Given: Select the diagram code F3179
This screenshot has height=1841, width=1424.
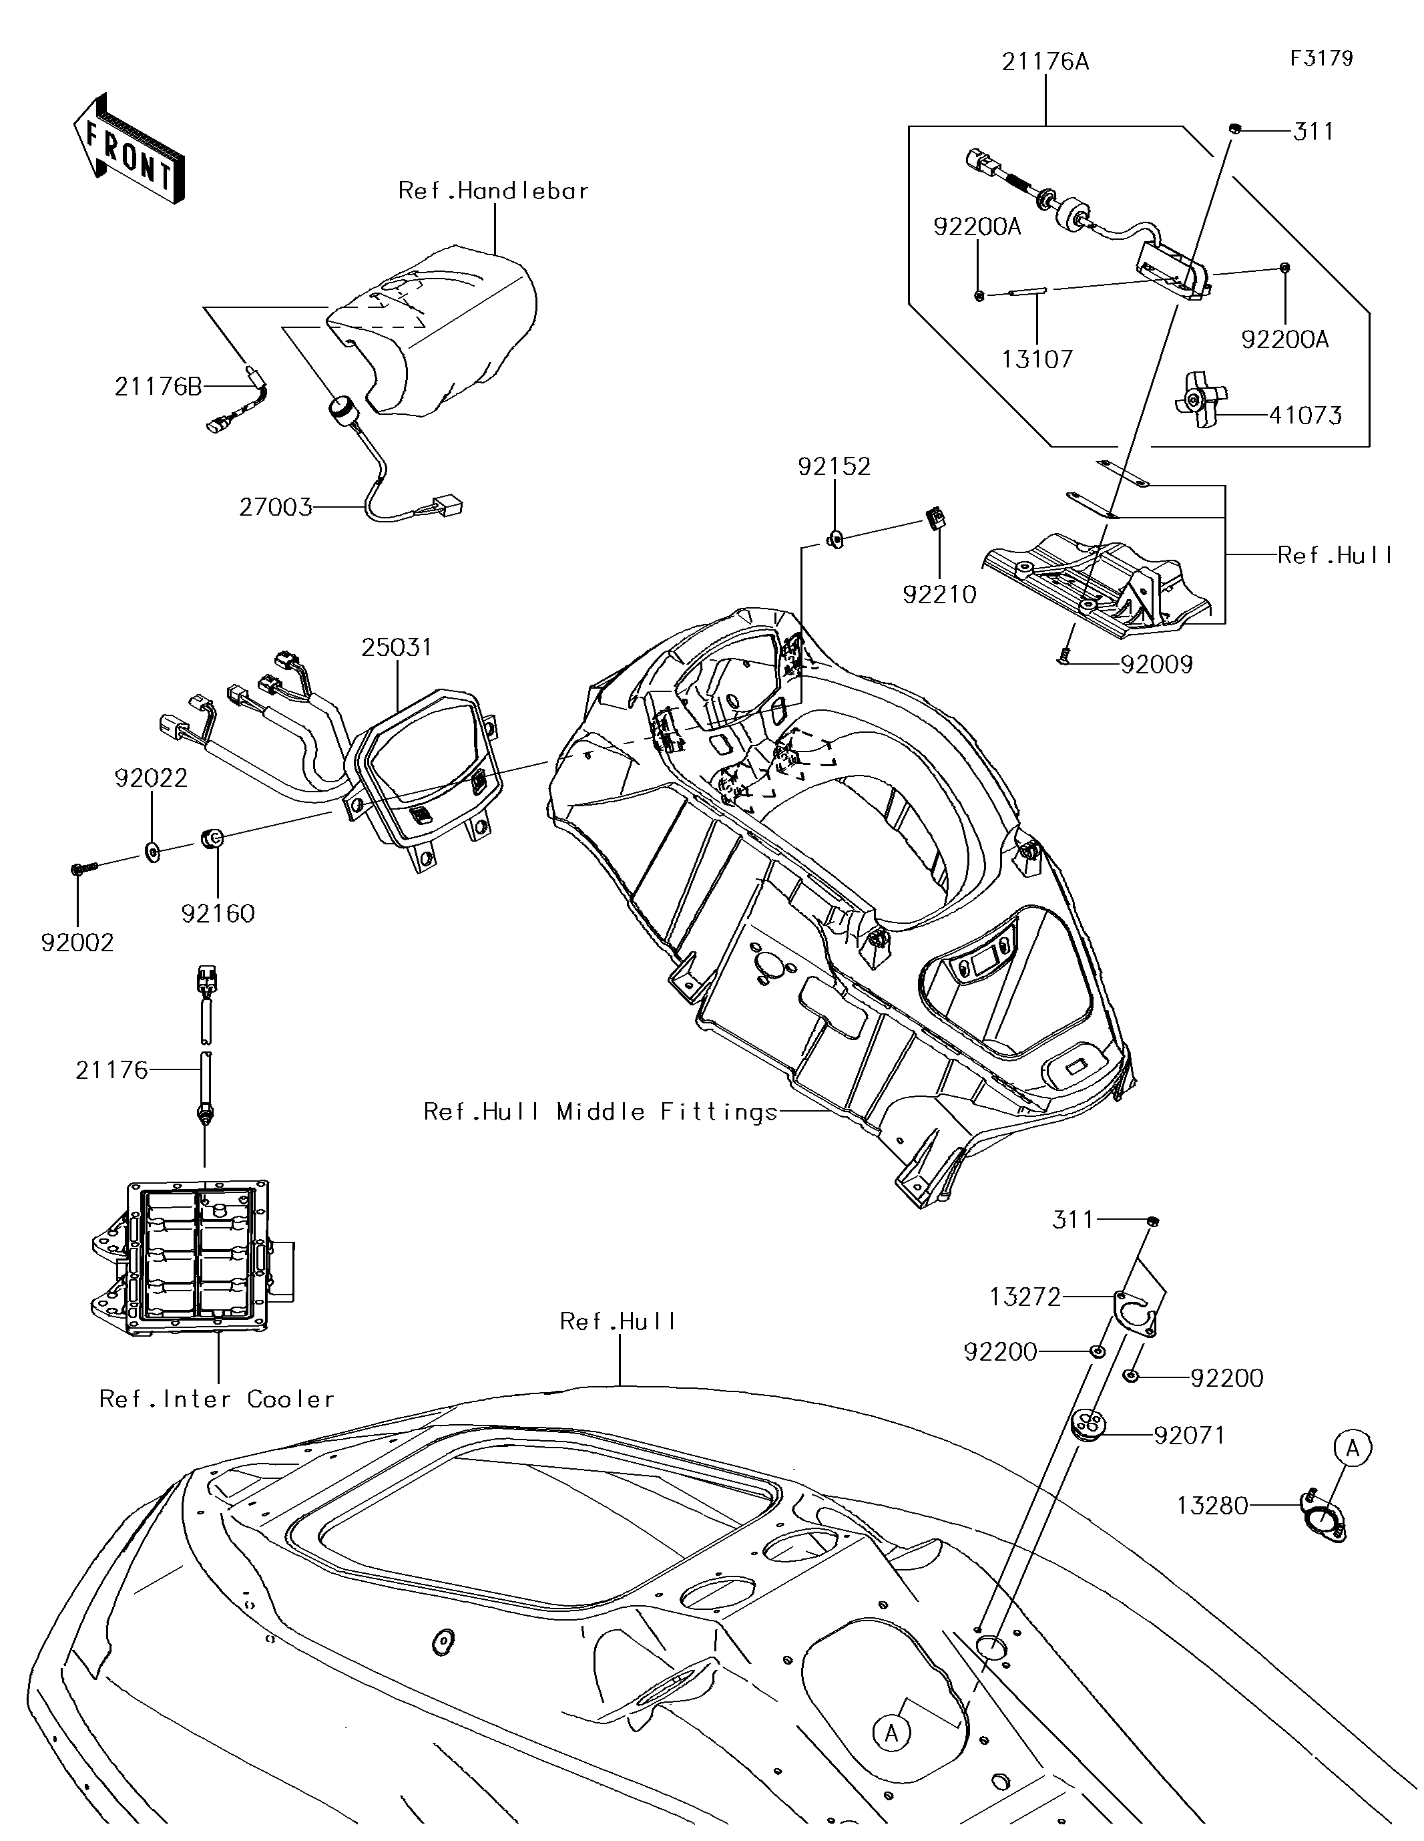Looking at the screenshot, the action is click(1321, 58).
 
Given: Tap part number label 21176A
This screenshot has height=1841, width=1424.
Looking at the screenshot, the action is click(1045, 61).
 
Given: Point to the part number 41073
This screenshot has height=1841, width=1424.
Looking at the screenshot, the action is click(1305, 415).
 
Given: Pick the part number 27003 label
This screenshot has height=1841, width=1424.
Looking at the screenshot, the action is click(276, 508).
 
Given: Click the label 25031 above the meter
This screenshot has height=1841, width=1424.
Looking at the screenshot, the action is click(397, 647).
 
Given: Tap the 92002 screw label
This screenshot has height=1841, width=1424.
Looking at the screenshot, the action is click(77, 943).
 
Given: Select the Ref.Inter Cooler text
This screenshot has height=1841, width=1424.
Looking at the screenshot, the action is click(218, 1399).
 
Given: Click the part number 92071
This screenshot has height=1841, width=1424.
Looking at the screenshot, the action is click(1189, 1435).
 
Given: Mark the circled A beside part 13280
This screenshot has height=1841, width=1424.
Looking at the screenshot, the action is click(1353, 1448).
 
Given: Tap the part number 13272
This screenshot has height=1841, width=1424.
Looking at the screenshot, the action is click(1025, 1297).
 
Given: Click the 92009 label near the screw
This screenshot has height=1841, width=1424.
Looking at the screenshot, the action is click(1157, 665).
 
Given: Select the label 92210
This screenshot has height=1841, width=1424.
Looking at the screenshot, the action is click(939, 595).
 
